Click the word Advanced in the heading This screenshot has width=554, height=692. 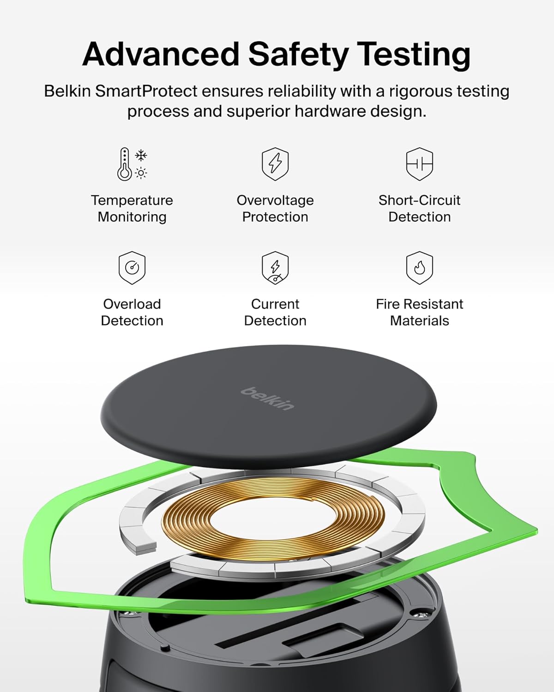click(x=160, y=54)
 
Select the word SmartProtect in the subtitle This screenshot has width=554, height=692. click(x=146, y=91)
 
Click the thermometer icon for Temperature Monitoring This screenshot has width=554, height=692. click(x=125, y=164)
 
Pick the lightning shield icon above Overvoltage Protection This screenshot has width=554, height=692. click(x=275, y=163)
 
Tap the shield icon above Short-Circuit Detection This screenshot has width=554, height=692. click(x=419, y=163)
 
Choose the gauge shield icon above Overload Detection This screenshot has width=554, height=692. click(x=132, y=268)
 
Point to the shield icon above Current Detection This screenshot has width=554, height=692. click(x=275, y=268)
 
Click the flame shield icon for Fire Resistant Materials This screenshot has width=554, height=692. click(x=419, y=268)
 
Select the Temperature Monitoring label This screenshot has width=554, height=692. click(x=132, y=209)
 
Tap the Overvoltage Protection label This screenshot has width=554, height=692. click(x=275, y=209)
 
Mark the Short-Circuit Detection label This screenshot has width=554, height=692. click(x=419, y=209)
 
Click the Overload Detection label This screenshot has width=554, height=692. click(x=132, y=312)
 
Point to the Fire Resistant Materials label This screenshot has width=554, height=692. click(x=419, y=312)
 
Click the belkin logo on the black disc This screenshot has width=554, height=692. click(x=267, y=398)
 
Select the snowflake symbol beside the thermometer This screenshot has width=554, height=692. click(x=141, y=155)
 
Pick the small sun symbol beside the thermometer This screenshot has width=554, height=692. click(x=141, y=173)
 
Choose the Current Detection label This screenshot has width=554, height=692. click(x=275, y=312)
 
